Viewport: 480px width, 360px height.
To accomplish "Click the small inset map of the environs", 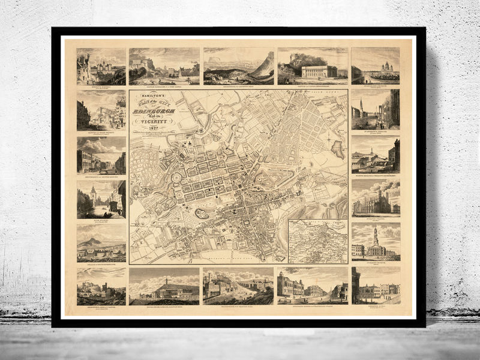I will point(317,241).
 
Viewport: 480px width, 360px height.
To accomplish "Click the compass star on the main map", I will point(329,139).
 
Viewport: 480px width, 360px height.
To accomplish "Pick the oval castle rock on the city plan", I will point(202,213).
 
